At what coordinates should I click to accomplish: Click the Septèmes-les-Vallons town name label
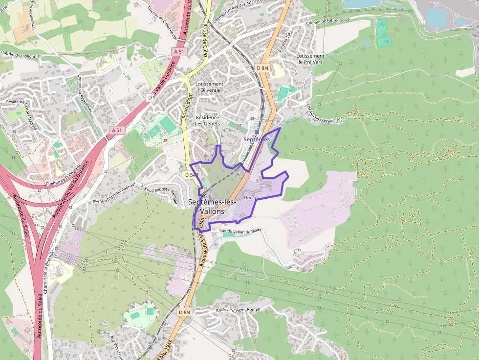tap(212, 207)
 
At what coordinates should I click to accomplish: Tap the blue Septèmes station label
tap(257, 140)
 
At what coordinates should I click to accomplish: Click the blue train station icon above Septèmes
tap(257, 132)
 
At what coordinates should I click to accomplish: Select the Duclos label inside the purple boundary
tap(251, 198)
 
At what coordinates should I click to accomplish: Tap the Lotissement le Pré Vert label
tap(310, 59)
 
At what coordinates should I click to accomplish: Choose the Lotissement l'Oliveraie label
tap(209, 87)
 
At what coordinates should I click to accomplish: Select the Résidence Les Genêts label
tap(208, 121)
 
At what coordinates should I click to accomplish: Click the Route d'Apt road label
tap(186, 103)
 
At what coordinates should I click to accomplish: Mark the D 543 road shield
tap(191, 174)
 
